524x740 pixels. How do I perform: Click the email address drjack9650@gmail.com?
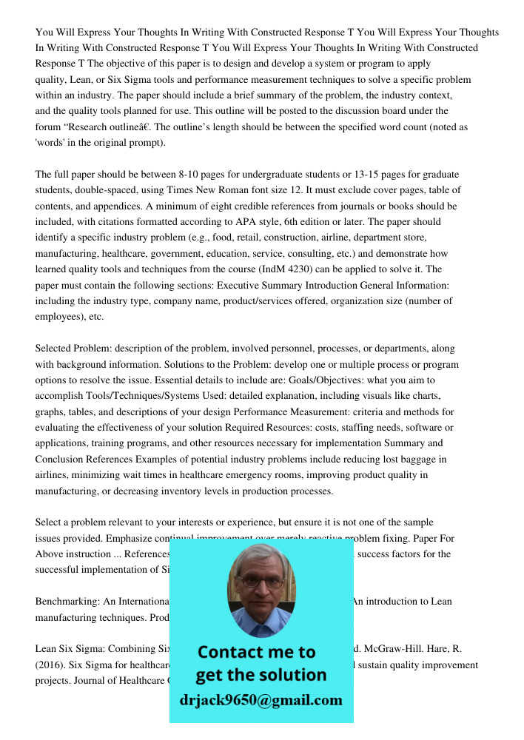261,700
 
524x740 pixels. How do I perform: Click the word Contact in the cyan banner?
235,652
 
